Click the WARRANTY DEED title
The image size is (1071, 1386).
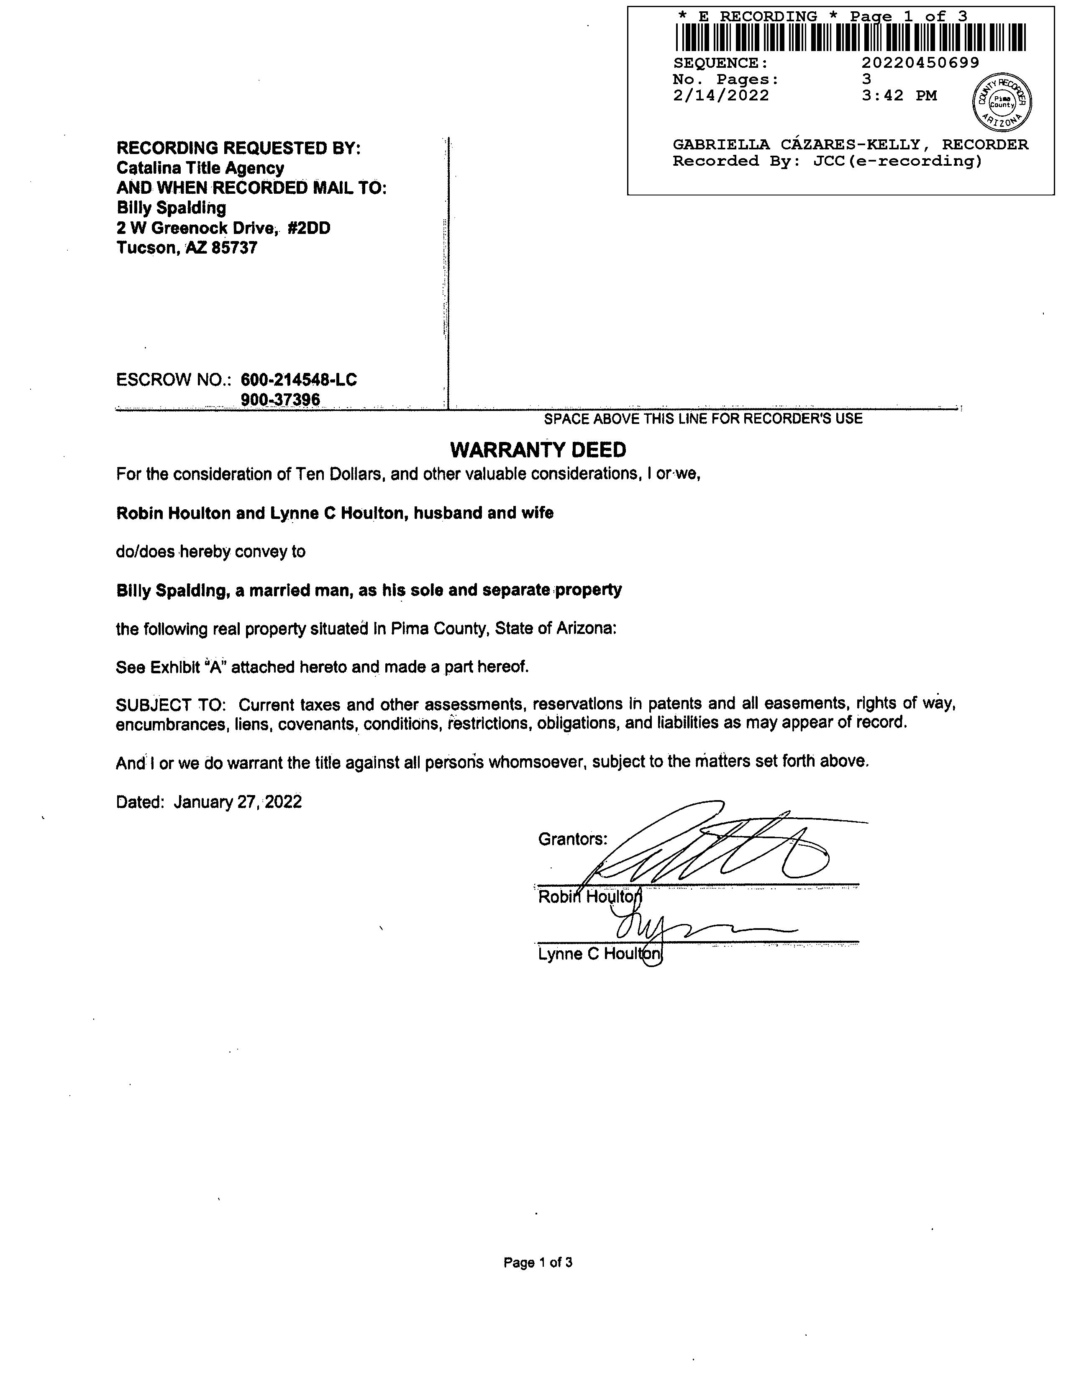pos(538,450)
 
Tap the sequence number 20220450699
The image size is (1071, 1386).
pos(920,63)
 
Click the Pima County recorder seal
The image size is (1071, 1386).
pos(1002,101)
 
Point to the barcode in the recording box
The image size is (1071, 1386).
pos(850,37)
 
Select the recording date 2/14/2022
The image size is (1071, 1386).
pos(721,96)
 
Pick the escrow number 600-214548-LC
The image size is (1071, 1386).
pos(299,380)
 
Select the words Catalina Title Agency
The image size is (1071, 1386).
pos(200,168)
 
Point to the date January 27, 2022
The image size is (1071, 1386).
pos(238,802)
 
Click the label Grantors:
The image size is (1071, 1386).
pos(572,839)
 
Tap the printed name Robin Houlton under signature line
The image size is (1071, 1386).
pos(589,897)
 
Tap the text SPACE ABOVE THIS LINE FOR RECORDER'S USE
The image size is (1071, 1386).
pos(703,419)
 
